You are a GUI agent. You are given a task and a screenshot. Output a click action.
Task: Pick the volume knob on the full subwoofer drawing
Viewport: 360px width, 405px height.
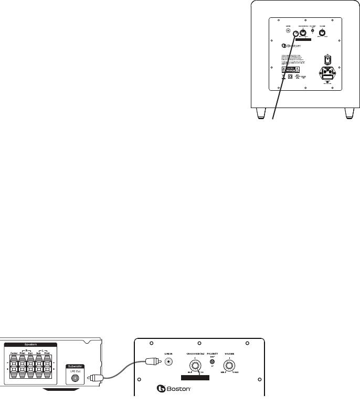(322, 33)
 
